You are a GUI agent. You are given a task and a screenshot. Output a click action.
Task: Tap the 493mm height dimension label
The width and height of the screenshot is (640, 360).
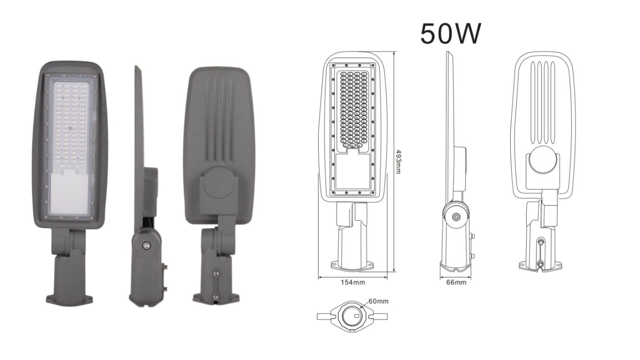tap(398, 162)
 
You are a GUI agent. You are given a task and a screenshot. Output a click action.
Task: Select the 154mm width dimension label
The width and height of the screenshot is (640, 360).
tap(352, 282)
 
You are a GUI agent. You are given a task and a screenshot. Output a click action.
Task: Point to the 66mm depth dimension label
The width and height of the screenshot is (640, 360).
tap(456, 282)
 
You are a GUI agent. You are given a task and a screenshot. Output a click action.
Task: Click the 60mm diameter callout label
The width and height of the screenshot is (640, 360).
tap(378, 301)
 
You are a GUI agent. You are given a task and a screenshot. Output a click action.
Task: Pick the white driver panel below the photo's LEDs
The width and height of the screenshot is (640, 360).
tap(70, 191)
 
